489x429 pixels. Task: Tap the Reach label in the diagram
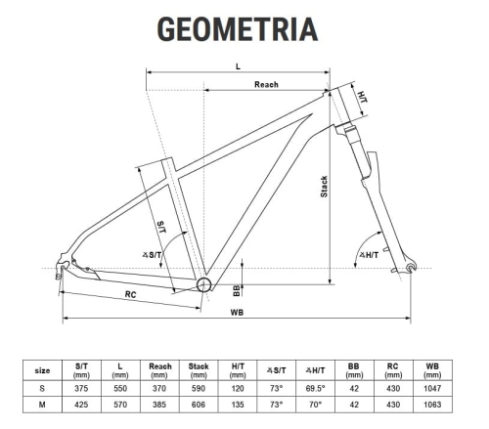pos(266,85)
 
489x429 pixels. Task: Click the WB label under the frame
pos(238,313)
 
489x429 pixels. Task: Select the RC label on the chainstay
pos(130,293)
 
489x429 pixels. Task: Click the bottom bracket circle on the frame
pos(204,284)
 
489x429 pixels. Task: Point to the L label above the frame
pos(238,65)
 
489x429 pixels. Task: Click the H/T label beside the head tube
pos(361,98)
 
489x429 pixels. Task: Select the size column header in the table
pos(42,370)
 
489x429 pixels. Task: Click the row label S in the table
pos(42,388)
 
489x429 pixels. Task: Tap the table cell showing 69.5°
pos(315,388)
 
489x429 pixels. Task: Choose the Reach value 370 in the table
pos(159,388)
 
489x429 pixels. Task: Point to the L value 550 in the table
pos(120,388)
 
